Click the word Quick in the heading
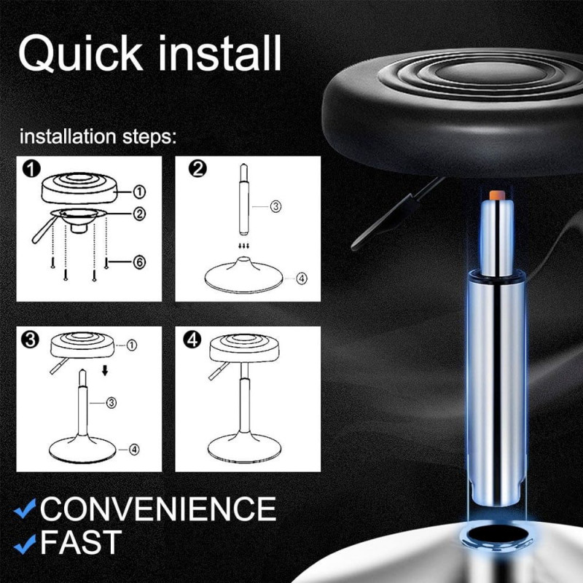(81, 53)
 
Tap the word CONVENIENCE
(158, 509)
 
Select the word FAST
(81, 542)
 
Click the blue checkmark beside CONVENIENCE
(25, 509)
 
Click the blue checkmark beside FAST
(25, 544)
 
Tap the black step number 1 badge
(31, 170)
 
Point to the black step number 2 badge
(197, 169)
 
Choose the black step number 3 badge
(31, 340)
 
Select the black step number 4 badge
(192, 340)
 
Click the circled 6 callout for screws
(139, 262)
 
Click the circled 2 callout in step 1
(139, 214)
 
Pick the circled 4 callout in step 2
(302, 278)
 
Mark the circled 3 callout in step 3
(111, 402)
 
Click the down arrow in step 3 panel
(105, 370)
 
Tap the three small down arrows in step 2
(244, 246)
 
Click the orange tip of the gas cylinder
(497, 195)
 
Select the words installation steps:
(98, 137)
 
